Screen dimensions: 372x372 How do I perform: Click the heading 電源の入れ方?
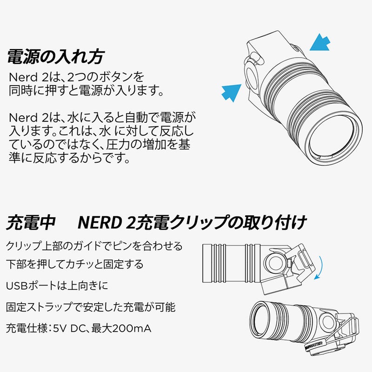click(x=55, y=57)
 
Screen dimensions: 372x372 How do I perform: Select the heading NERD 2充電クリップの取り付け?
click(x=191, y=222)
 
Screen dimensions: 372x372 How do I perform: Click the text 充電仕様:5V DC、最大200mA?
click(x=79, y=329)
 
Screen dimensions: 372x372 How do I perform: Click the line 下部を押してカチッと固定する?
click(x=75, y=265)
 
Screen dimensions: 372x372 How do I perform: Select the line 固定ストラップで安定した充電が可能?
click(x=91, y=307)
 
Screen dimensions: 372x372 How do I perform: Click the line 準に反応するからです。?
click(x=68, y=159)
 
